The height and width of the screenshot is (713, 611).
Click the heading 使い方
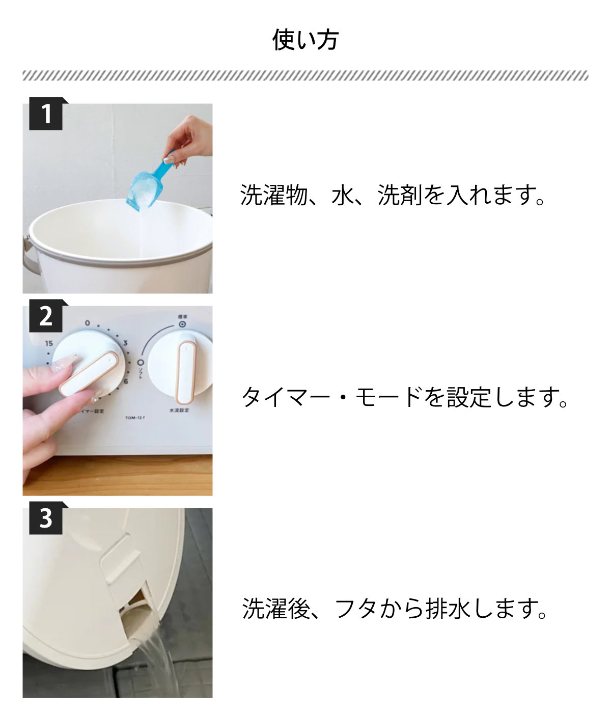(x=305, y=40)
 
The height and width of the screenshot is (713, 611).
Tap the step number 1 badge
(x=46, y=114)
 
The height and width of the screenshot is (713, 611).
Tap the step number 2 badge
(x=46, y=316)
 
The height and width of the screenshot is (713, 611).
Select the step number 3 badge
(x=46, y=518)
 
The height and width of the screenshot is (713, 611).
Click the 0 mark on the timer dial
(x=88, y=323)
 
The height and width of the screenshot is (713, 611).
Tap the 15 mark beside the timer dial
(x=49, y=343)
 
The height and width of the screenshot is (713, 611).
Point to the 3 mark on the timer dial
(x=125, y=343)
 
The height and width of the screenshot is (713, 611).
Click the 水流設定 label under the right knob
(x=179, y=410)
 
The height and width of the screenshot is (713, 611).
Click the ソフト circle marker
(x=141, y=363)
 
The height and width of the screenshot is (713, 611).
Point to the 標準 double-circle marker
(x=182, y=324)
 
